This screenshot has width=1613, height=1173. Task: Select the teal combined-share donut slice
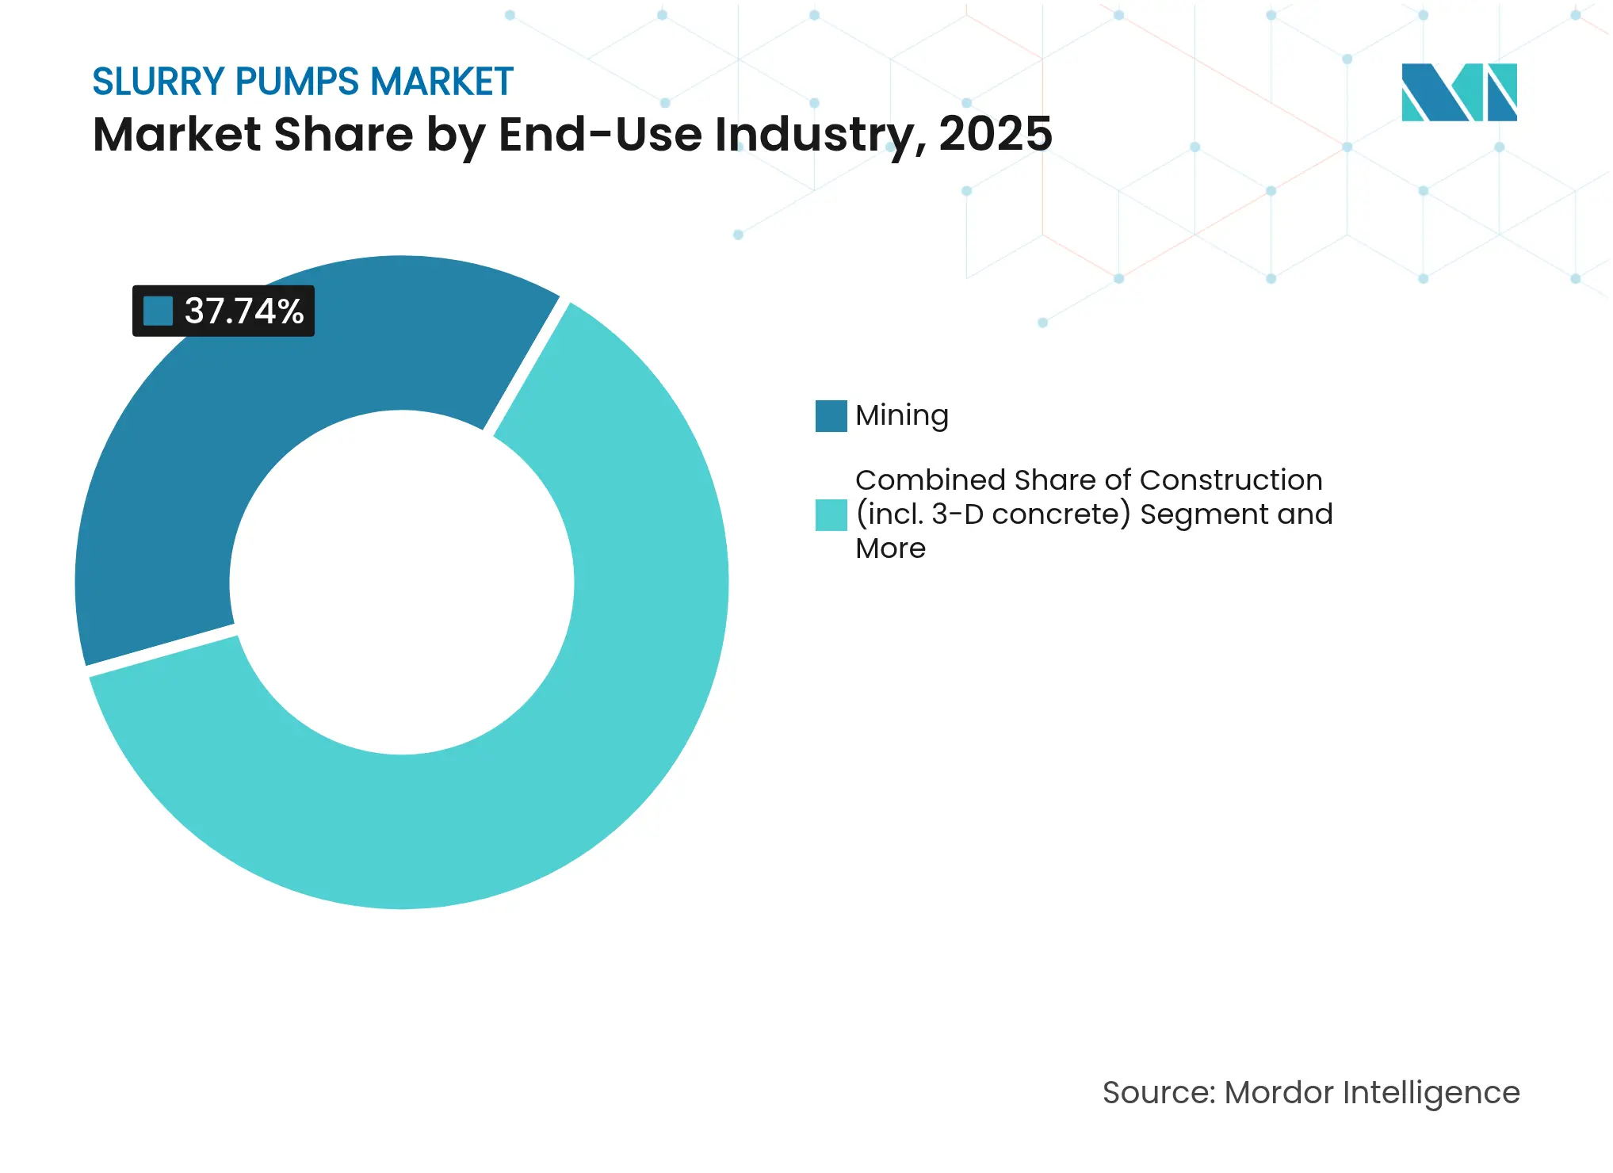[555, 753]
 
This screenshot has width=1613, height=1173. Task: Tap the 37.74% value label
[244, 311]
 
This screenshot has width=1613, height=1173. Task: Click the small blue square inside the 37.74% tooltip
[158, 311]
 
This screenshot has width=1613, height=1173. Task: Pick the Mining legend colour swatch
[831, 416]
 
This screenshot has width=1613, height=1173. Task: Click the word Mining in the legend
[902, 416]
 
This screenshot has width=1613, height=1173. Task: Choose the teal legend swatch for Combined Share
[831, 514]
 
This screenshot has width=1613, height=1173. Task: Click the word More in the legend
[890, 548]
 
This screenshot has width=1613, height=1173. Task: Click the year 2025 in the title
[996, 134]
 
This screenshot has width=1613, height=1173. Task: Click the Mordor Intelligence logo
[1458, 93]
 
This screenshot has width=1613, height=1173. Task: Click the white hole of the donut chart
[402, 583]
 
